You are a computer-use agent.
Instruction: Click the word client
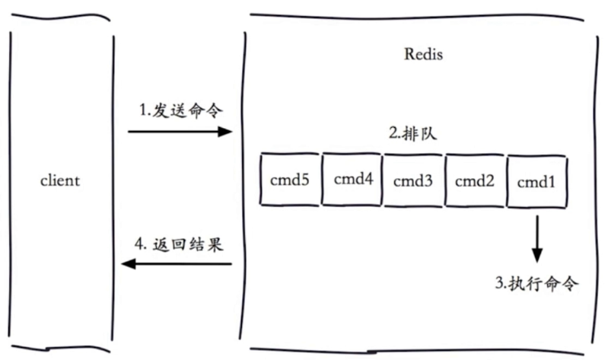point(59,181)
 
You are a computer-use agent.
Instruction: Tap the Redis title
point(423,56)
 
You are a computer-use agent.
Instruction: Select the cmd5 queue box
point(290,180)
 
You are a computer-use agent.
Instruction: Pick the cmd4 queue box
point(352,180)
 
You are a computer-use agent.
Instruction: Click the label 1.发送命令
point(181,110)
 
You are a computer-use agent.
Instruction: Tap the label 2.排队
point(415,133)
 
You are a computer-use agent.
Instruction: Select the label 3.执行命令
point(537,285)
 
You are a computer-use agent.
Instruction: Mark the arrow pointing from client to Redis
point(180,132)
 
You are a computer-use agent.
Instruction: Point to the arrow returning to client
point(177,264)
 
